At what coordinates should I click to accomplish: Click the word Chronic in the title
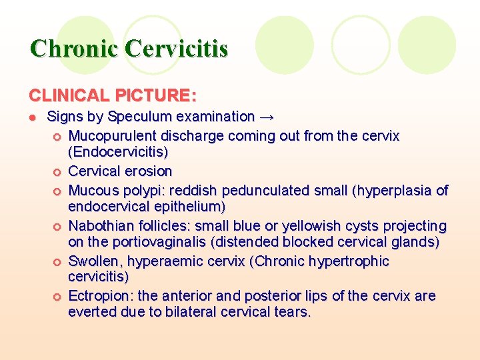point(74,49)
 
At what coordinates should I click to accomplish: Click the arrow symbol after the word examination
point(267,117)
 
